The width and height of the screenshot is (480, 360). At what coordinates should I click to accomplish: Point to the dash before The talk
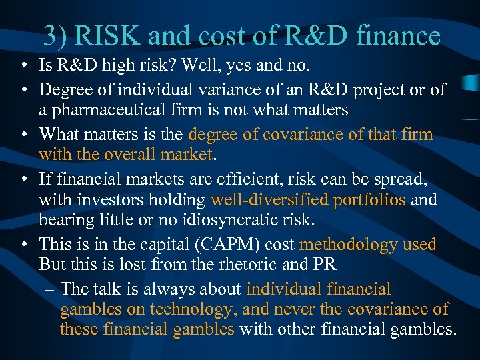point(51,289)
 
